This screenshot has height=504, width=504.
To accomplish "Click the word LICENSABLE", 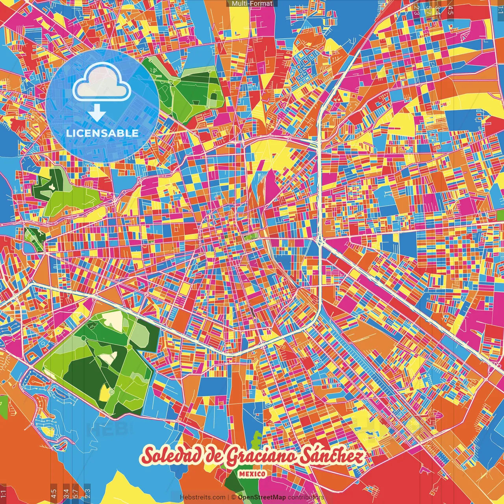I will point(102,133).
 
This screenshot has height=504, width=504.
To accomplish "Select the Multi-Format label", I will point(252,4).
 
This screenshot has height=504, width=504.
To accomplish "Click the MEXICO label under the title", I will point(252,474).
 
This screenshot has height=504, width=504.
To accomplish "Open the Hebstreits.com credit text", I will point(202,497).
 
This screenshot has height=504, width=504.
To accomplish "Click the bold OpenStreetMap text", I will point(262,497).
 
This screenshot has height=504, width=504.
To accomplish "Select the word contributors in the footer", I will point(306,497).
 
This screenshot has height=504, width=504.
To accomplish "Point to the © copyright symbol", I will point(233,497).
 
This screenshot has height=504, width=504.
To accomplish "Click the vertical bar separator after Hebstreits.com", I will point(229,497).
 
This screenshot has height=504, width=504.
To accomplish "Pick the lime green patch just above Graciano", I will point(258,437).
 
